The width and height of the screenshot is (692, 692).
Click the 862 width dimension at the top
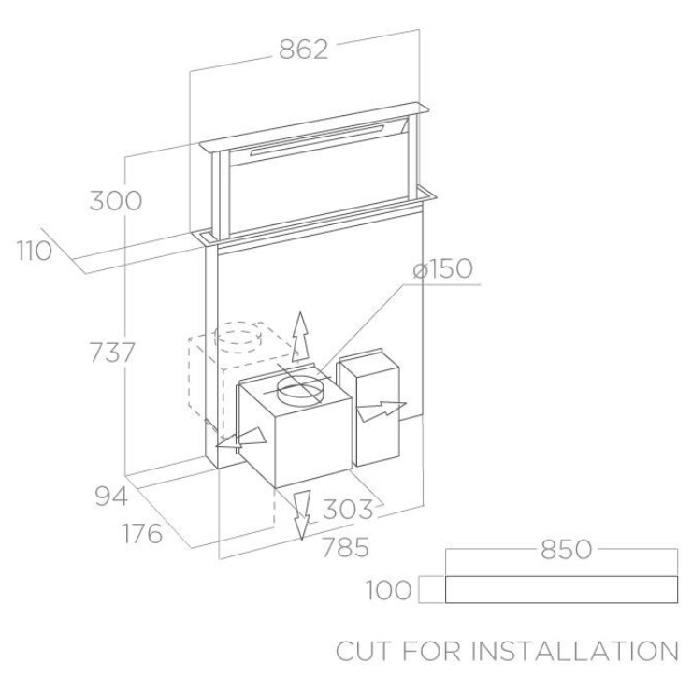(304, 50)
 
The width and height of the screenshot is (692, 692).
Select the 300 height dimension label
(116, 201)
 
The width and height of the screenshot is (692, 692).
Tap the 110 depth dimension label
(35, 252)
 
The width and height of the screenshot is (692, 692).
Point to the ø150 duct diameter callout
(442, 268)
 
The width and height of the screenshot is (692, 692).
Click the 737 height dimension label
(112, 353)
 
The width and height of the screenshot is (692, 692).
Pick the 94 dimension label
(111, 496)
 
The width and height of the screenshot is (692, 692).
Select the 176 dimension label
(142, 534)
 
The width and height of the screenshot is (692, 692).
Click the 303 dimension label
(348, 510)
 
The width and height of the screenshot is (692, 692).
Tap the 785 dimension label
(346, 548)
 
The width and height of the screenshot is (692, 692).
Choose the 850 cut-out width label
(566, 550)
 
